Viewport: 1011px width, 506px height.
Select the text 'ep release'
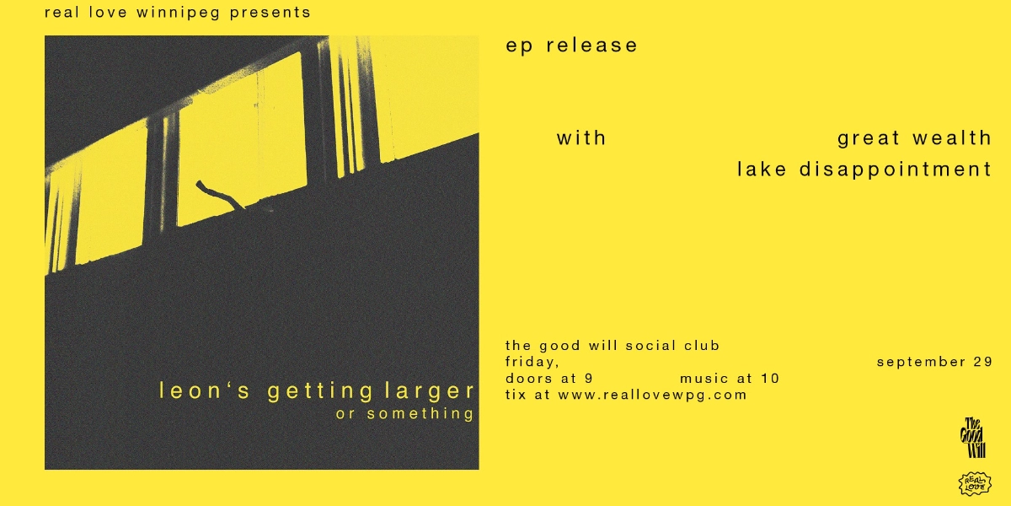coord(571,46)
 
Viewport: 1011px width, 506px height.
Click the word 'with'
coord(581,137)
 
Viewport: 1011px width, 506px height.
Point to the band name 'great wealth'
coord(914,137)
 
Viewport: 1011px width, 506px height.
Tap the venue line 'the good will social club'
coord(612,345)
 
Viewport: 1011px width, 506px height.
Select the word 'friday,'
coord(532,362)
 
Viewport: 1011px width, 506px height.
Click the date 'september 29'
coord(934,362)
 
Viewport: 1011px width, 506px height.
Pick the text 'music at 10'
coord(729,379)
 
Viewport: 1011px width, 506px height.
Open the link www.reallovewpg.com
coord(652,395)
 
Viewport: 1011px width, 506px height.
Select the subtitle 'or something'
coord(405,413)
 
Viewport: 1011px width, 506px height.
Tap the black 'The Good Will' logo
coord(975,438)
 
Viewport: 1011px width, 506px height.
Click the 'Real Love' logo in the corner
coord(975,483)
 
